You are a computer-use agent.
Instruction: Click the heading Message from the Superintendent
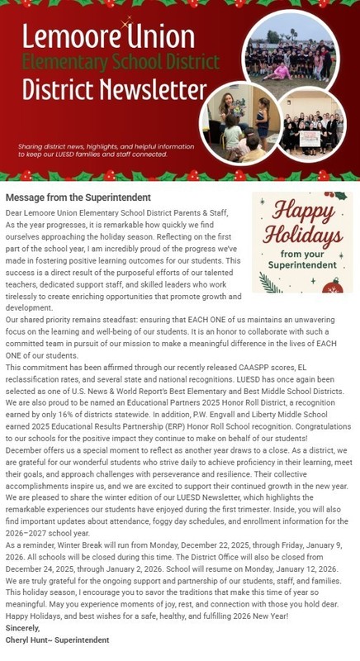pos(78,198)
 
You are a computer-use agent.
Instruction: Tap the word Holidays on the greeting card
pos(302,239)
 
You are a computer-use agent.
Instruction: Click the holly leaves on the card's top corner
pos(336,197)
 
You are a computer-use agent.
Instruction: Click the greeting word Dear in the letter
pos(15,212)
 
